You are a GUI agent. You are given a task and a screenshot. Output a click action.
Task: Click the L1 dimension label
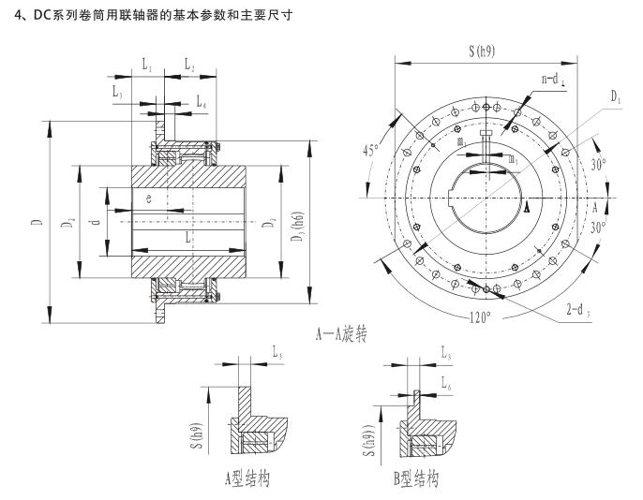pos(147,66)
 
